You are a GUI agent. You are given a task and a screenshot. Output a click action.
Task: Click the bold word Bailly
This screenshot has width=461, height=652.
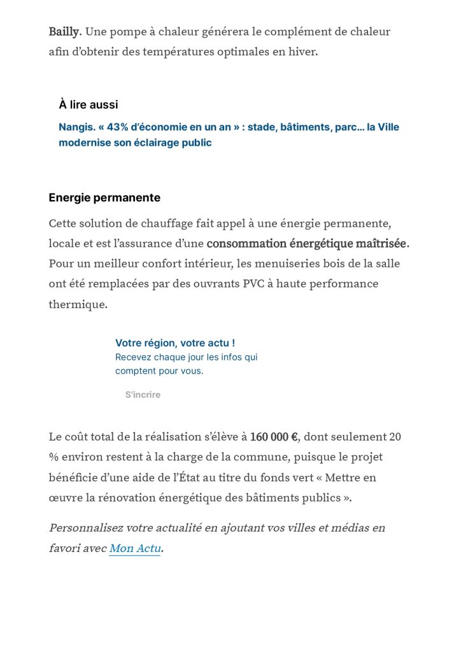[x=64, y=31]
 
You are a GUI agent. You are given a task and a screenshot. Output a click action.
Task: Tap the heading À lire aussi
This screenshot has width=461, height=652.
[x=89, y=105]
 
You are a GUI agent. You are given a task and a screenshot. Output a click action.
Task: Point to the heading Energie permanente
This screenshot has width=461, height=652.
[x=104, y=198]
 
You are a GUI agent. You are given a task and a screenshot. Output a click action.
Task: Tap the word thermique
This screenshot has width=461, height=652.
[x=78, y=304]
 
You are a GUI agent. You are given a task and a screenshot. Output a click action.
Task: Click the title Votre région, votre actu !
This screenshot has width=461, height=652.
[x=175, y=343]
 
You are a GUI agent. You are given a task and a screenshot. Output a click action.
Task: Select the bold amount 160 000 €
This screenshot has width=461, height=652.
[x=274, y=437]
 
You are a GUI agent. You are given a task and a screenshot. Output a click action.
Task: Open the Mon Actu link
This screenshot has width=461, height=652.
[x=134, y=548]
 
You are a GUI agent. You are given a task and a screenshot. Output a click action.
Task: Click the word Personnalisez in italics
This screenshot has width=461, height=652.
[x=85, y=528]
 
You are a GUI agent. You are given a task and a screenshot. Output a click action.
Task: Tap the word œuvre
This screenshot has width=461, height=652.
[x=65, y=498]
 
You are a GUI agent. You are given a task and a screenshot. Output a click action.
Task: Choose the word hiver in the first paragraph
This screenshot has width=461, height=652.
[x=302, y=52]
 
